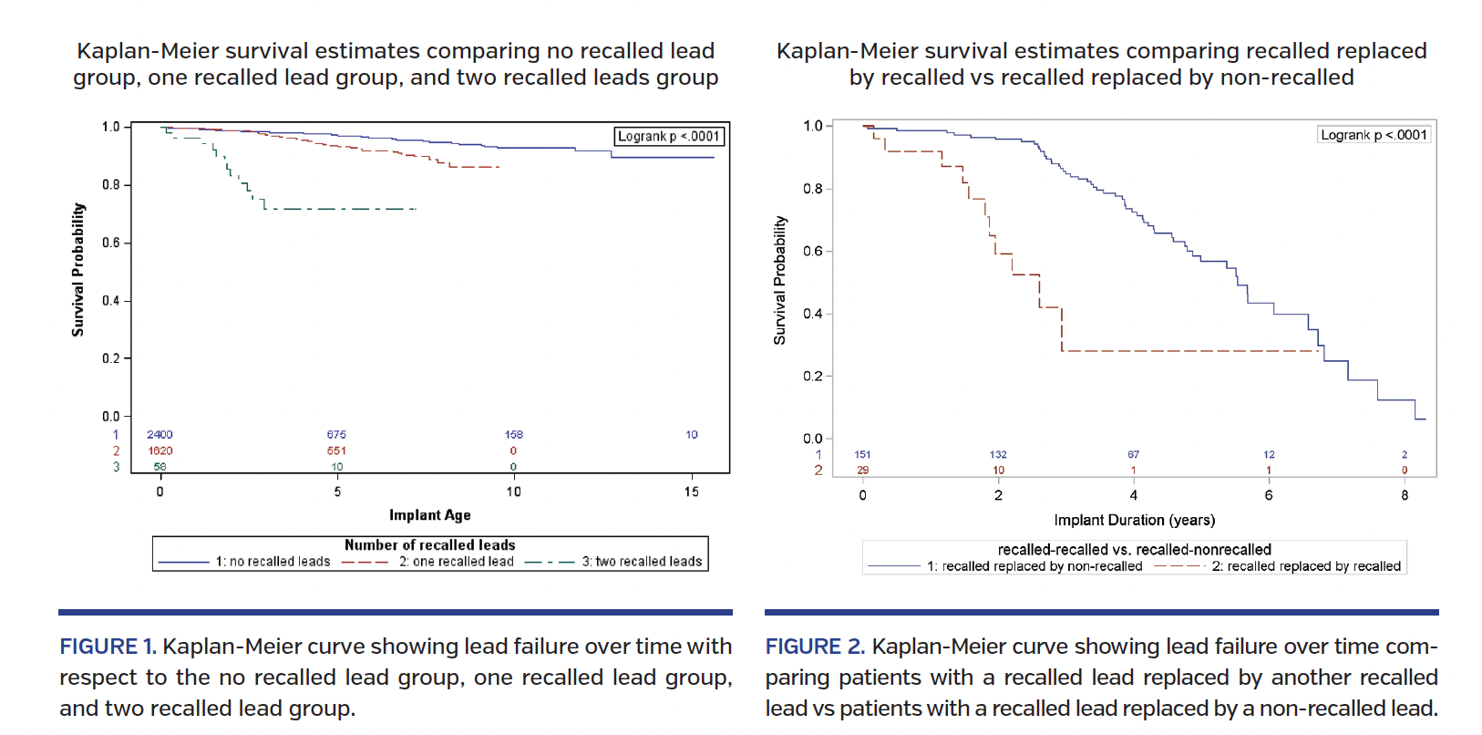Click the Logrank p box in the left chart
(669, 137)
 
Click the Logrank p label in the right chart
(1374, 135)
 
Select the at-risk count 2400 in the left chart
(160, 435)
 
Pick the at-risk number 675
(336, 435)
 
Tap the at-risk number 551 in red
(336, 450)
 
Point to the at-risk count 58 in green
(160, 467)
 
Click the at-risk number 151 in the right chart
(862, 454)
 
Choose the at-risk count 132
(998, 454)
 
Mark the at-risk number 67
(1133, 454)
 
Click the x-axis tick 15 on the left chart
(692, 492)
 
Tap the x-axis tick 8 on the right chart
(1405, 495)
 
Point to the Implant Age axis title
(430, 515)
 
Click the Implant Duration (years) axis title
(1134, 520)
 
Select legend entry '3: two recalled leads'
(642, 562)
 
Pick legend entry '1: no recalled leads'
(273, 562)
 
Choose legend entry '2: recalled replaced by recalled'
(1305, 566)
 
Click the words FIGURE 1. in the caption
(108, 647)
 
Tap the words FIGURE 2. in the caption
(814, 647)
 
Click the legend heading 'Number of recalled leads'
(429, 545)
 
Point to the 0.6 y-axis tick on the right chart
(812, 251)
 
